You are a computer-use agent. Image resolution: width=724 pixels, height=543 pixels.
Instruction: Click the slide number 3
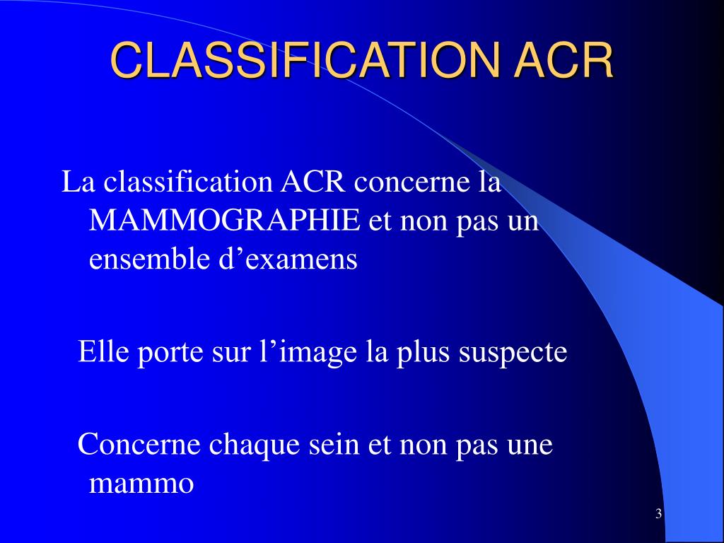pos(658,514)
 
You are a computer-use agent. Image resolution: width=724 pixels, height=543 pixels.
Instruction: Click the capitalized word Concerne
pos(133,445)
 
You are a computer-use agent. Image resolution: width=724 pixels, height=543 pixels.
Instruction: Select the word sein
pos(334,445)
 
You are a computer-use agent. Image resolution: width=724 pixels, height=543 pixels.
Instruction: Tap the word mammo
pos(141,485)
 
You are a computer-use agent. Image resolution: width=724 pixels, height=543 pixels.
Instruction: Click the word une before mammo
pos(530,445)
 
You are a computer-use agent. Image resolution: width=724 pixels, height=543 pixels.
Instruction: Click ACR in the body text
pos(314,182)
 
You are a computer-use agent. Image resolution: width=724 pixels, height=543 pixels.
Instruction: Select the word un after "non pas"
pos(522,222)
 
